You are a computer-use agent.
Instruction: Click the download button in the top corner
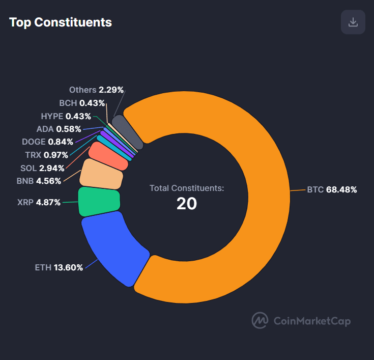(x=353, y=22)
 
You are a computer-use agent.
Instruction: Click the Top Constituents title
(x=61, y=22)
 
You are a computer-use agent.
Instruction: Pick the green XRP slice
(x=99, y=200)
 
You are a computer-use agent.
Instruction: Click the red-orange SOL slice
(x=108, y=156)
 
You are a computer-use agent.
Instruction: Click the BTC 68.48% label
(x=332, y=190)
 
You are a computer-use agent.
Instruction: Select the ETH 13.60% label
(x=59, y=267)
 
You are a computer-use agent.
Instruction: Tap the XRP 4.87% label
(x=39, y=202)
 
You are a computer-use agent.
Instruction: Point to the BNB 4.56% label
(x=39, y=181)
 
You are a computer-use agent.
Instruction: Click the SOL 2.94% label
(x=42, y=168)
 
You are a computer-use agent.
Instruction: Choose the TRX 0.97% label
(x=46, y=155)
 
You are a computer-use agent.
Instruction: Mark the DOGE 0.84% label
(x=47, y=142)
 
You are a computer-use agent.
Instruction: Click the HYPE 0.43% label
(x=66, y=116)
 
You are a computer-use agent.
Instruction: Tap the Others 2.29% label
(x=96, y=90)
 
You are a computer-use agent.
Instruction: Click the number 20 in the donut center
(x=187, y=204)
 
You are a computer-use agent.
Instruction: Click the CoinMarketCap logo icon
(x=260, y=320)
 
